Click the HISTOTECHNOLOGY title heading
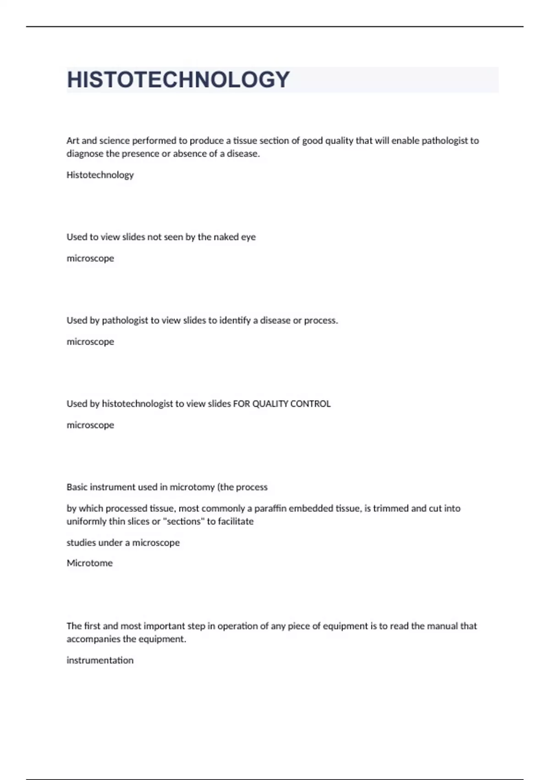pyautogui.click(x=178, y=80)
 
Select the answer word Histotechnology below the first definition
pyautogui.click(x=100, y=175)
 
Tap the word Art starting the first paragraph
pyautogui.click(x=73, y=141)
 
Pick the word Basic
pyautogui.click(x=77, y=487)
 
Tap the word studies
pyautogui.click(x=81, y=543)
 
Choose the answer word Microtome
pyautogui.click(x=89, y=563)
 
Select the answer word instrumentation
pyautogui.click(x=100, y=660)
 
